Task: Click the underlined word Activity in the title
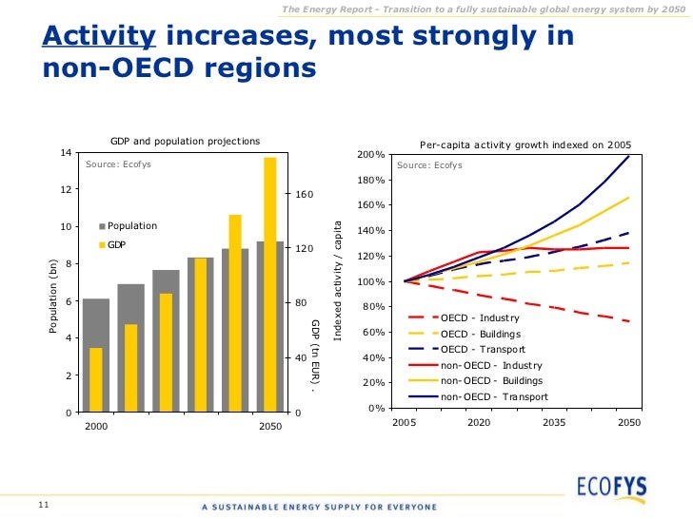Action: (x=99, y=37)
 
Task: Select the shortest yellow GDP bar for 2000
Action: (x=96, y=379)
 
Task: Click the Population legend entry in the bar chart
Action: (x=131, y=226)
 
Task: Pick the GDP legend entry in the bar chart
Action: (x=116, y=245)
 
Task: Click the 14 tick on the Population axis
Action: (x=65, y=153)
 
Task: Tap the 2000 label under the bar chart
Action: (x=96, y=428)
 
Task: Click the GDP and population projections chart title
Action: (x=185, y=141)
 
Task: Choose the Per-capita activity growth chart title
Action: (x=525, y=145)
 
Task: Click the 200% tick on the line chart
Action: (x=369, y=155)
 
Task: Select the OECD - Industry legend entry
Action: (x=480, y=317)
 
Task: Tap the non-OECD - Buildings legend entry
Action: (x=491, y=380)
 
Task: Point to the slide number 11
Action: (x=43, y=503)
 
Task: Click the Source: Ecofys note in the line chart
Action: (x=429, y=165)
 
